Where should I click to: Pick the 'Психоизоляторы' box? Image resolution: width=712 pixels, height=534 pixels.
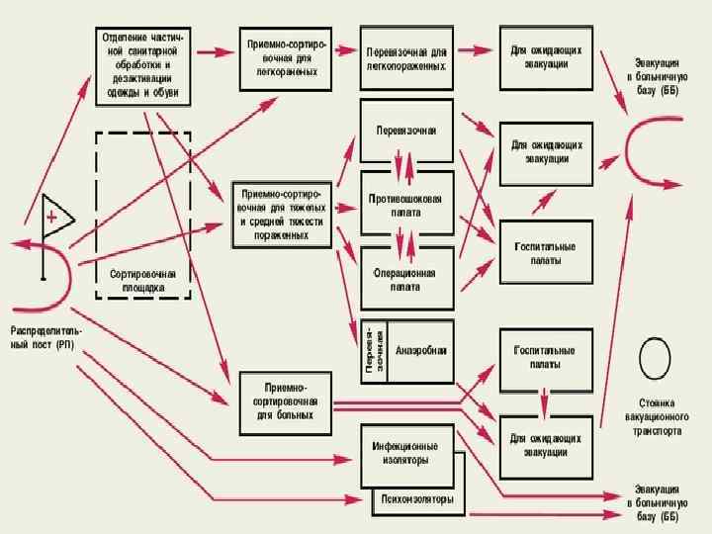pos(418,500)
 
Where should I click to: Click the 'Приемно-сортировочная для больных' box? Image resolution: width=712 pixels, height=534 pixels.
pos(285,401)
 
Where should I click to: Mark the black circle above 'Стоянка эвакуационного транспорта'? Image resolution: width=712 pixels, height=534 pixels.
pos(656,358)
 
